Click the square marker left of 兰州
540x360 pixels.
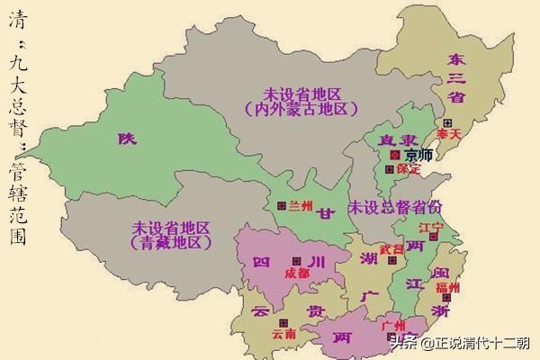pos(282,206)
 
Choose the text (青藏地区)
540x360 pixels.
pos(170,243)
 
